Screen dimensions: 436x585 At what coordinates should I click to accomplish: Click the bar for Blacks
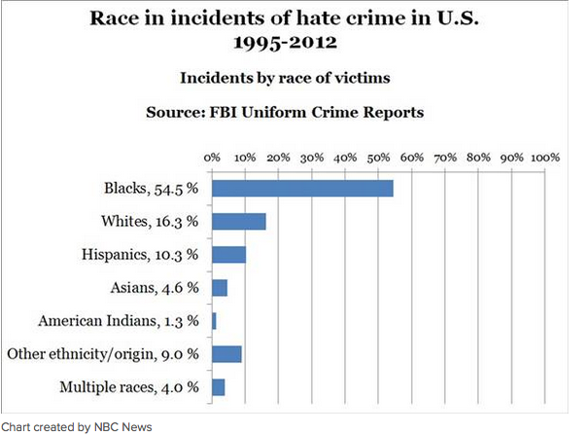click(x=302, y=189)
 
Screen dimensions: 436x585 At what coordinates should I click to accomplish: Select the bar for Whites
click(x=239, y=222)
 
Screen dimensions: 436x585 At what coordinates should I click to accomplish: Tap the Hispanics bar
click(x=229, y=255)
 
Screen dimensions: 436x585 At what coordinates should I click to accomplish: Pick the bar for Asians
click(x=220, y=288)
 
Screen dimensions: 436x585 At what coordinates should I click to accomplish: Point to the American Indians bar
click(x=214, y=320)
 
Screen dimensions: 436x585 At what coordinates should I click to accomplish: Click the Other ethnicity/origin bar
click(x=226, y=353)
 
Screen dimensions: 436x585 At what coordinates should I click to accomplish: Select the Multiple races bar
click(x=219, y=386)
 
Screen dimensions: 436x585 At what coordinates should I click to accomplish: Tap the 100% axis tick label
click(x=543, y=158)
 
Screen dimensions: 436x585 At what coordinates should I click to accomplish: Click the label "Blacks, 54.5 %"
click(x=151, y=189)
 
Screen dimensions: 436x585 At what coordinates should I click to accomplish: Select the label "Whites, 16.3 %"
click(x=150, y=222)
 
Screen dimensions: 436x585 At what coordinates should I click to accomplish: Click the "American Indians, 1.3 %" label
click(x=118, y=320)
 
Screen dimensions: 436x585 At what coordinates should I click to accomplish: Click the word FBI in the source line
click(x=225, y=112)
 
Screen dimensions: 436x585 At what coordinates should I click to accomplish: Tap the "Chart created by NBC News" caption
click(x=77, y=426)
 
